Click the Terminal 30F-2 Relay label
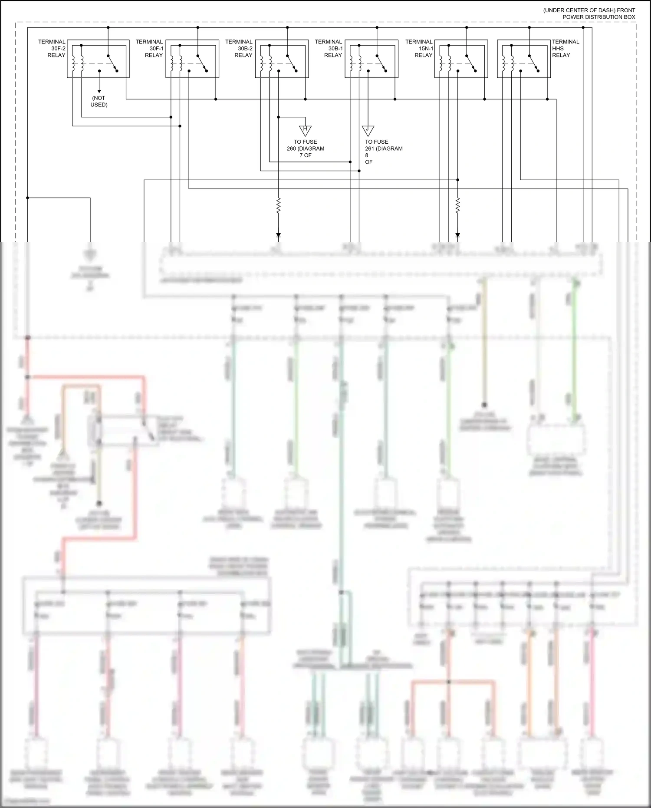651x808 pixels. click(x=53, y=48)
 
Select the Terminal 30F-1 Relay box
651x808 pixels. click(x=192, y=59)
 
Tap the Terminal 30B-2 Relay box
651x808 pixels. click(x=282, y=59)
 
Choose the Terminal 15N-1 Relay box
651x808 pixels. click(x=461, y=59)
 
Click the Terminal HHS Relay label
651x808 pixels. click(x=565, y=48)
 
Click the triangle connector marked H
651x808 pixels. click(x=305, y=130)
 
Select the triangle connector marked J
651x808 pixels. click(x=368, y=130)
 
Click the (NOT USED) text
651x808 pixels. click(x=99, y=101)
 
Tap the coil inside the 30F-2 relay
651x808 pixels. click(x=77, y=63)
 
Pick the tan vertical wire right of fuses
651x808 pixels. click(x=484, y=343)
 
